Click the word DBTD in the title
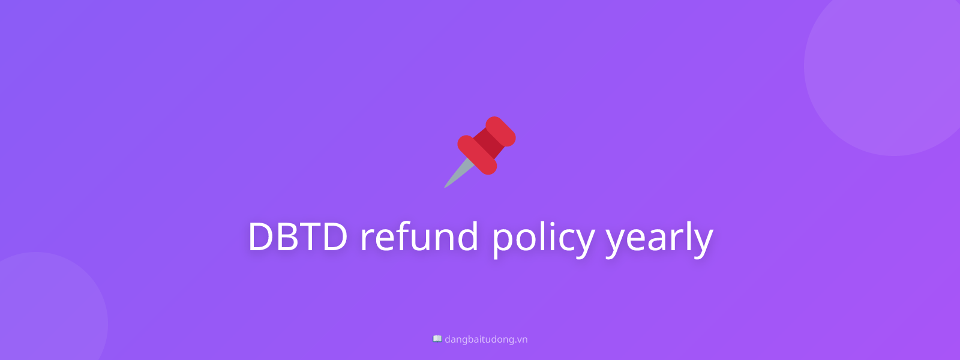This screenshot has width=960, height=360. click(x=298, y=236)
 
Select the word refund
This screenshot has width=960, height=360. click(x=419, y=236)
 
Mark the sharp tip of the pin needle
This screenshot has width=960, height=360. click(x=445, y=187)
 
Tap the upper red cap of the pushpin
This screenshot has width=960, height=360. click(x=501, y=131)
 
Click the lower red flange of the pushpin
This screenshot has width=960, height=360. click(x=477, y=155)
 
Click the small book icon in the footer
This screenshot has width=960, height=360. click(x=437, y=339)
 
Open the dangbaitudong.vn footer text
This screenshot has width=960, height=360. click(x=486, y=340)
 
